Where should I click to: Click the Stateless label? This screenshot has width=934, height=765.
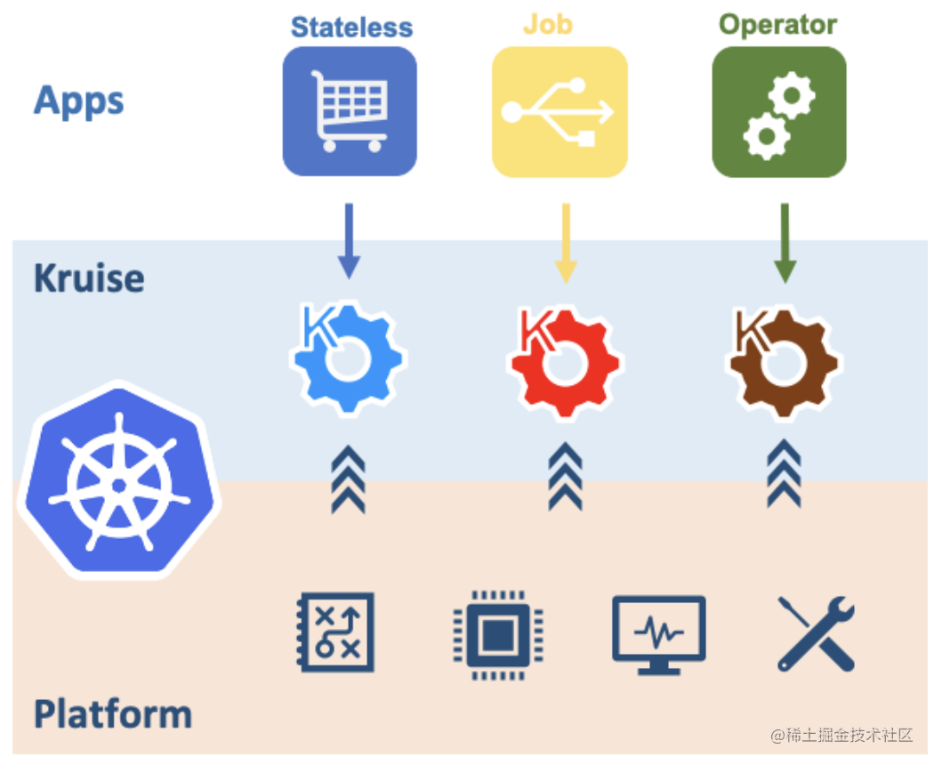(351, 28)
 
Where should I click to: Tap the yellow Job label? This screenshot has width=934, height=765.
(547, 25)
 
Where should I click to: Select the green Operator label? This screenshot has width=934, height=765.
(777, 25)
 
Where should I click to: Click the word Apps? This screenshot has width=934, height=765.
(78, 101)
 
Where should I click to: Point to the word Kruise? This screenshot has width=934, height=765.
(89, 278)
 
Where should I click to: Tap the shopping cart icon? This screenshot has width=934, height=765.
(350, 111)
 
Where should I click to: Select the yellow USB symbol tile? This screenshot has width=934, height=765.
(560, 112)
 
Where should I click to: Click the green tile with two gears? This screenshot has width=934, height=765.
(779, 112)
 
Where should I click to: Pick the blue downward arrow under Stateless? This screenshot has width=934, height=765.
(349, 241)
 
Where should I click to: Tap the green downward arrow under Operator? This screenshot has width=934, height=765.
(785, 244)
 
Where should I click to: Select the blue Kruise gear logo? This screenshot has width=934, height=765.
(346, 358)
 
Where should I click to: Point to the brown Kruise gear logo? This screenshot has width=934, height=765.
(783, 361)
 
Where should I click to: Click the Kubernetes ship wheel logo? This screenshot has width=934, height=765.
(120, 480)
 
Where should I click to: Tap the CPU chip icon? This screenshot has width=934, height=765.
(498, 635)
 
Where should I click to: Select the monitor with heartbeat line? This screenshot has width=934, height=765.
(659, 635)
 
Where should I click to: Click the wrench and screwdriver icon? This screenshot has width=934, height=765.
(817, 634)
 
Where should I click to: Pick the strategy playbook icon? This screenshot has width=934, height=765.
(336, 632)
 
